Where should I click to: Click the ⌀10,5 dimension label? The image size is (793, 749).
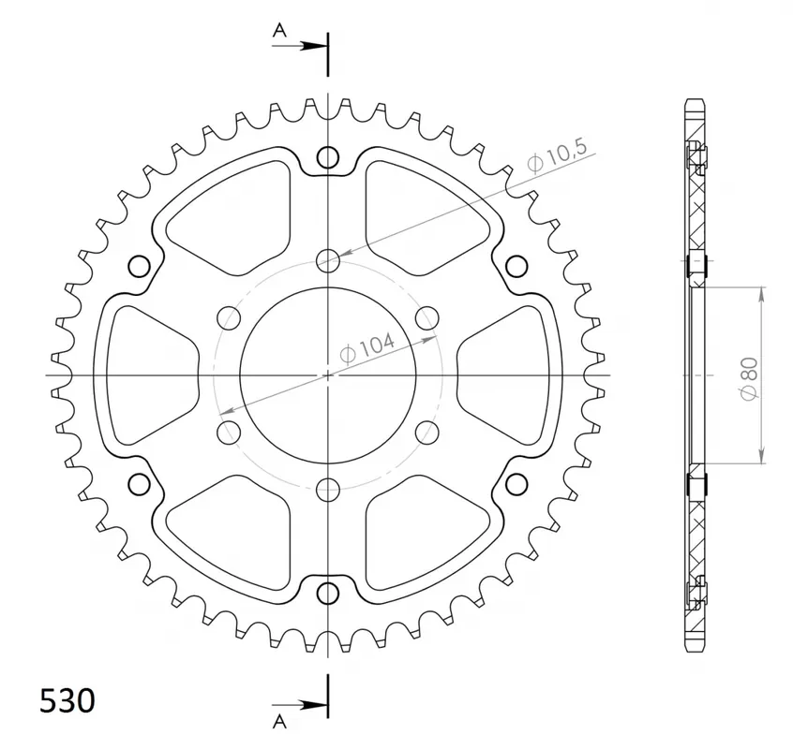(x=557, y=155)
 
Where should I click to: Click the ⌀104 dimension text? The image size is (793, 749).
(x=367, y=348)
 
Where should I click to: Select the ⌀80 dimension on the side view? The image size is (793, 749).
(x=750, y=379)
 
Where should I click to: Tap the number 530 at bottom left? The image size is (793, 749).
(x=67, y=701)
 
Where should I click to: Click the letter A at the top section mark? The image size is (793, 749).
(x=279, y=30)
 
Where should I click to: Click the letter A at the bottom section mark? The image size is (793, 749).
(x=279, y=723)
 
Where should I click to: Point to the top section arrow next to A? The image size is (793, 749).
(x=300, y=46)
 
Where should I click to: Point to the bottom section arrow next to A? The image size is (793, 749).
(x=300, y=705)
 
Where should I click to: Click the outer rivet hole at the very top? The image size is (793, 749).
(x=328, y=157)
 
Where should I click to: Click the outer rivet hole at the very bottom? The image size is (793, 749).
(x=328, y=593)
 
